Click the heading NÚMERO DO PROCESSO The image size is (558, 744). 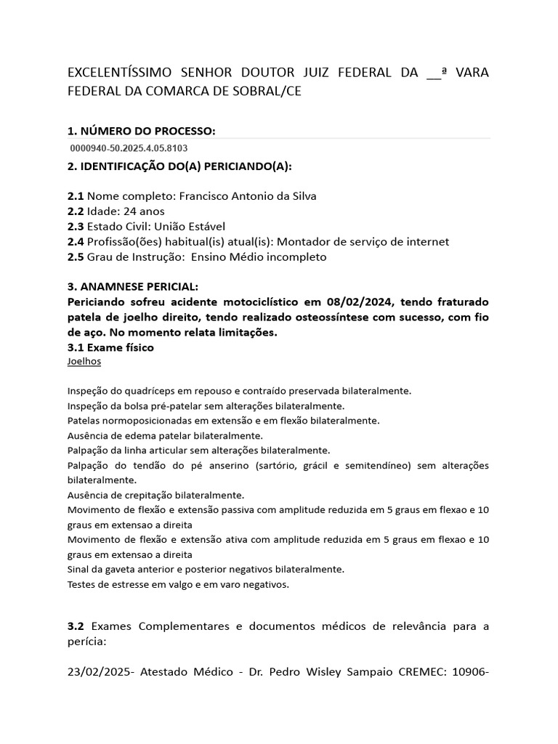click(141, 131)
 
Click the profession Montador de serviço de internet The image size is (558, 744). click(363, 242)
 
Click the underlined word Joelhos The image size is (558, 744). click(84, 361)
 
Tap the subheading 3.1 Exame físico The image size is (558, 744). click(110, 347)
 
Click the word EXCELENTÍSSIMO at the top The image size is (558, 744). click(120, 73)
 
